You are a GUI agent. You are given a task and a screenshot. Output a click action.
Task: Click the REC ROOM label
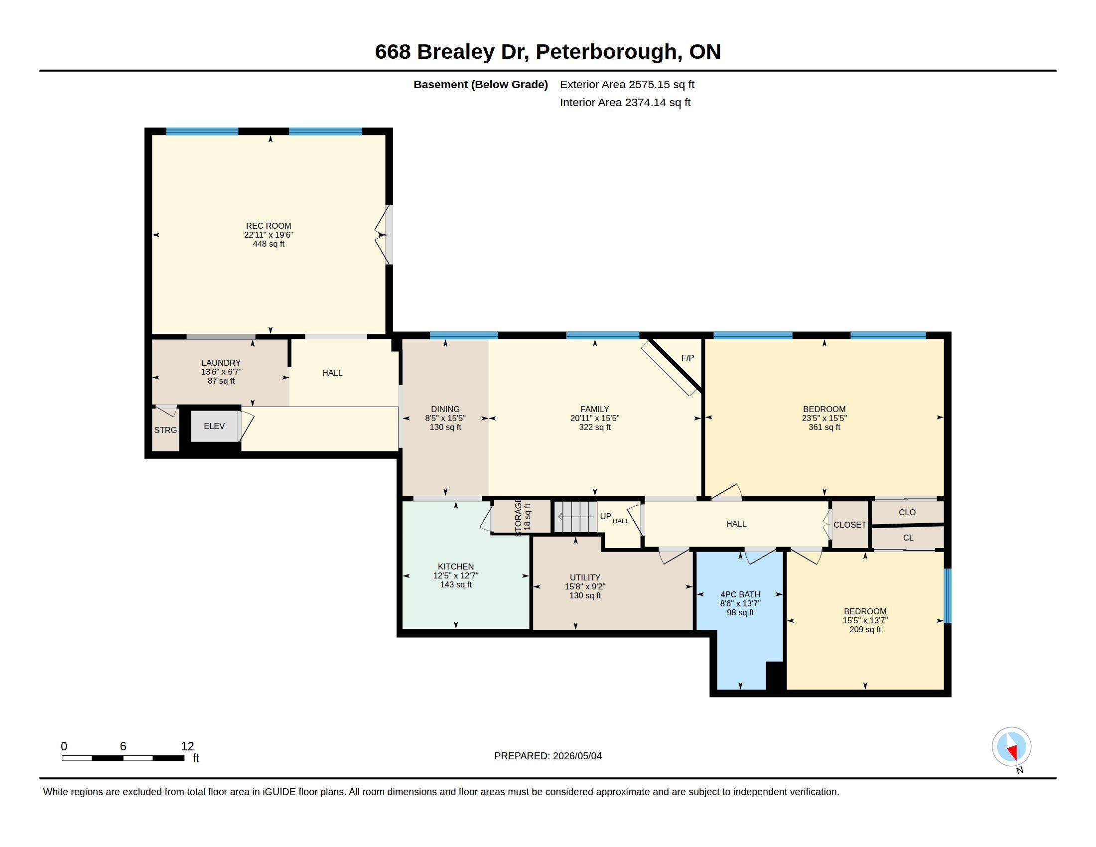click(269, 226)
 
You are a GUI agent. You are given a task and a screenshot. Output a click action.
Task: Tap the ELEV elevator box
click(214, 426)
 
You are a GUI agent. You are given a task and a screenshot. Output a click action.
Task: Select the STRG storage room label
click(165, 430)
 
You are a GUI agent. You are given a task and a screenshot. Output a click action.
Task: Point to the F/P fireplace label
click(687, 358)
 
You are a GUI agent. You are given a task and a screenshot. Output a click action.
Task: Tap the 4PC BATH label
click(740, 594)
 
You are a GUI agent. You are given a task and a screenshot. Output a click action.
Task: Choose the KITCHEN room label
click(456, 566)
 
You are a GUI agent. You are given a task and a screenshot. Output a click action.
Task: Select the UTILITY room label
click(585, 577)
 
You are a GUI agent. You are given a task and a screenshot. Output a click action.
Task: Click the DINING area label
click(445, 409)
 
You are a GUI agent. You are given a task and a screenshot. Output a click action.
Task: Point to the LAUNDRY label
click(221, 363)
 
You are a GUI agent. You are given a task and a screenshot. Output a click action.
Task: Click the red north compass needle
click(1013, 752)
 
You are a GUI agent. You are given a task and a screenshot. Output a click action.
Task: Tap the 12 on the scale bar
click(187, 746)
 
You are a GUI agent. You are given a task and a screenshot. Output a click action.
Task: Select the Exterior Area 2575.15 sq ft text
click(627, 84)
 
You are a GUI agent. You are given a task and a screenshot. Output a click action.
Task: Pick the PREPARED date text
click(548, 756)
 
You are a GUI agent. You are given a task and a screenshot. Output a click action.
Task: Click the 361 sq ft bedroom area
click(824, 427)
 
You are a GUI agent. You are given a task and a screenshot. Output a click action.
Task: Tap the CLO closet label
click(907, 512)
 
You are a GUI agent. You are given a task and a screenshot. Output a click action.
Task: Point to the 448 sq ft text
click(269, 244)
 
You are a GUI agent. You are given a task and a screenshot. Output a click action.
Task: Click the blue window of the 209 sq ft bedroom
click(948, 595)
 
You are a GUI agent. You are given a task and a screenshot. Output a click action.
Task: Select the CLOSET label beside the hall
click(849, 524)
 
